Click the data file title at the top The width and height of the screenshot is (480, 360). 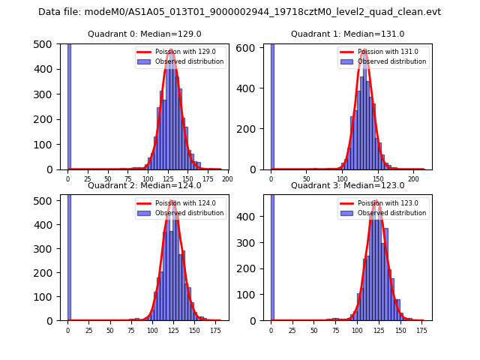click(x=239, y=12)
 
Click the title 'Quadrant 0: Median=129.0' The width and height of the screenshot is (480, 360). click(x=144, y=34)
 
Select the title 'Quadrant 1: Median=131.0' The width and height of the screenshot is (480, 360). click(x=347, y=34)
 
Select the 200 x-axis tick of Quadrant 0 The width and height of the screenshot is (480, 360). click(x=227, y=178)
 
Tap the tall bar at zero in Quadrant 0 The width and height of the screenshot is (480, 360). click(x=69, y=105)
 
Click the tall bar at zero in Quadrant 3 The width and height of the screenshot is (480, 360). click(x=272, y=255)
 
